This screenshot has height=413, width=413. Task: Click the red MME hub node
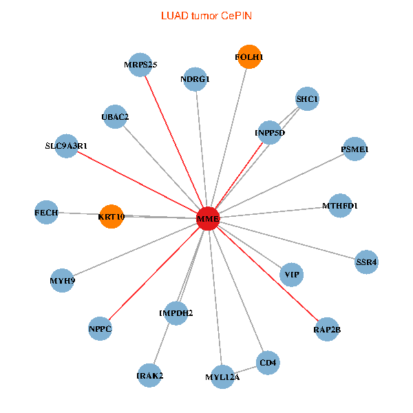208,218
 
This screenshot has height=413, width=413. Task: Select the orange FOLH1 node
249,56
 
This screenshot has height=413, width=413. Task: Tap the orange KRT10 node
112,217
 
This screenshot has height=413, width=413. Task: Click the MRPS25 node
140,65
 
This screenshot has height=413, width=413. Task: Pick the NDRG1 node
195,79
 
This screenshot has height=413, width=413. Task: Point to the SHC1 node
307,98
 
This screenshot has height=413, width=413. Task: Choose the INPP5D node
270,132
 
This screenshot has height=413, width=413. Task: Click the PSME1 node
354,149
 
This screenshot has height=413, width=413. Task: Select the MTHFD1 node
340,206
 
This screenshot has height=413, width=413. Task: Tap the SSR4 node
366,262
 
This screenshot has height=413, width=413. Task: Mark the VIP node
292,275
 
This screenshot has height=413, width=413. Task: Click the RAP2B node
327,330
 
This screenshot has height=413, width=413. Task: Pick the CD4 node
268,363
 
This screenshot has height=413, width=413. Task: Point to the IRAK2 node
149,376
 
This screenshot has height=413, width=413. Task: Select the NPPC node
100,329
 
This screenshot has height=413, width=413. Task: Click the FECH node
46,212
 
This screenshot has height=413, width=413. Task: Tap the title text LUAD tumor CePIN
206,16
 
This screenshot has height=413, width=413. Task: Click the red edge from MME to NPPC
154,273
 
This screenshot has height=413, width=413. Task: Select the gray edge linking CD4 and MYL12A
245,370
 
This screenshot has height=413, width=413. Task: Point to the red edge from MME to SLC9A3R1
137,182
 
